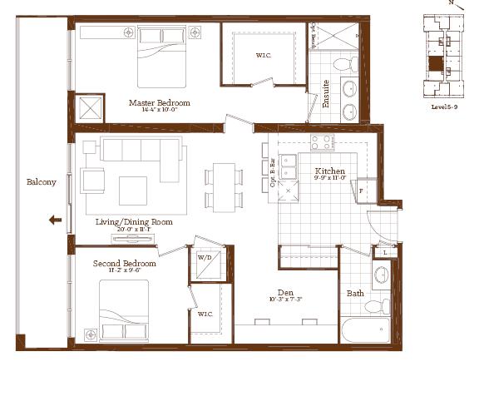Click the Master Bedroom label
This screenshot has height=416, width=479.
[x=159, y=103]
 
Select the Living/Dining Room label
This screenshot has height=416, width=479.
[x=134, y=222]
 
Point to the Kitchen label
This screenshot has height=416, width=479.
[x=329, y=171]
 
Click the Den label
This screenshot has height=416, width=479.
[x=285, y=291]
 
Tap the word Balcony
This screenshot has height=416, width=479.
[x=41, y=182]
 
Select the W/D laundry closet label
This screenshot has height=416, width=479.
[x=204, y=258]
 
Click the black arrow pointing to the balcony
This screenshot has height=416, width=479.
[x=55, y=220]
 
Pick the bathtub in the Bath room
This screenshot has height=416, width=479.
[x=366, y=329]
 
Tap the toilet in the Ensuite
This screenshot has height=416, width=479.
[x=339, y=63]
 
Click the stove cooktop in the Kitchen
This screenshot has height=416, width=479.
[x=321, y=141]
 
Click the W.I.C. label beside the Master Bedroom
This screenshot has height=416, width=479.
[x=263, y=56]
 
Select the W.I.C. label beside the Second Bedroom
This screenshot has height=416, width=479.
[x=204, y=313]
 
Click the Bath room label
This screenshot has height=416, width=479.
[x=354, y=293]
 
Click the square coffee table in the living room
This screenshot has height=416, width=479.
[x=132, y=190]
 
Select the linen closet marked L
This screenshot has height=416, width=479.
[x=385, y=252]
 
